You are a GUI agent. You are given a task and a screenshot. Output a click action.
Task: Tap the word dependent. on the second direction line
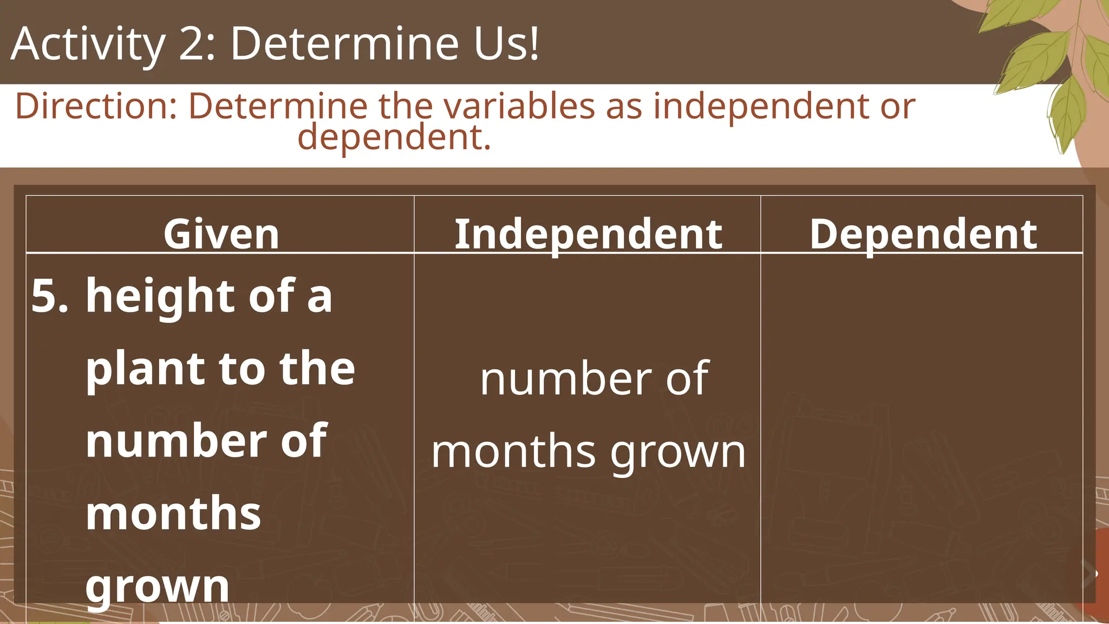coord(394,137)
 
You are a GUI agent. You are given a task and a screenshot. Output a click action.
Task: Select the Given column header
coord(221,234)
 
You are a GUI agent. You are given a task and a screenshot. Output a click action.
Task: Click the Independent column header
coord(588,234)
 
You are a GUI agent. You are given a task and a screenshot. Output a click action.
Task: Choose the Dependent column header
coord(923,234)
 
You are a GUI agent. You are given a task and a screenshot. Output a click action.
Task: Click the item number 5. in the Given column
coord(50,296)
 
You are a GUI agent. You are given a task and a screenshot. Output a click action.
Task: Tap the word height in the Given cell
coord(160,296)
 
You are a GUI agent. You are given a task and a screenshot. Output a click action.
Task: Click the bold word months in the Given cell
coord(173,513)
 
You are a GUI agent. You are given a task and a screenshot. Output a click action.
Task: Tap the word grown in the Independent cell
coord(678,453)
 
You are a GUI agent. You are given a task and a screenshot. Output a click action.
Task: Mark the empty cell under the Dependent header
coord(922,428)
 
